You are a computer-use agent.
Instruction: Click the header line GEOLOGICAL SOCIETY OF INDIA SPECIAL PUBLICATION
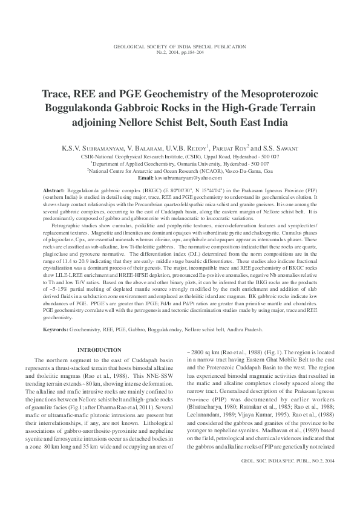tap(180, 47)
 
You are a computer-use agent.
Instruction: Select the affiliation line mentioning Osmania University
tap(180, 163)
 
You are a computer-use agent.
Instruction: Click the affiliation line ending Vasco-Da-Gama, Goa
tap(180, 170)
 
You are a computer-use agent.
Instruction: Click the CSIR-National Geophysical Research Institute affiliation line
tap(180, 156)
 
